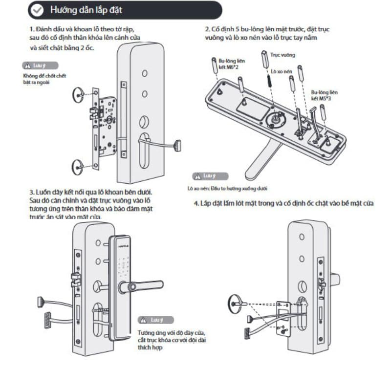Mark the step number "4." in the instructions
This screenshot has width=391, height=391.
tap(195, 203)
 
